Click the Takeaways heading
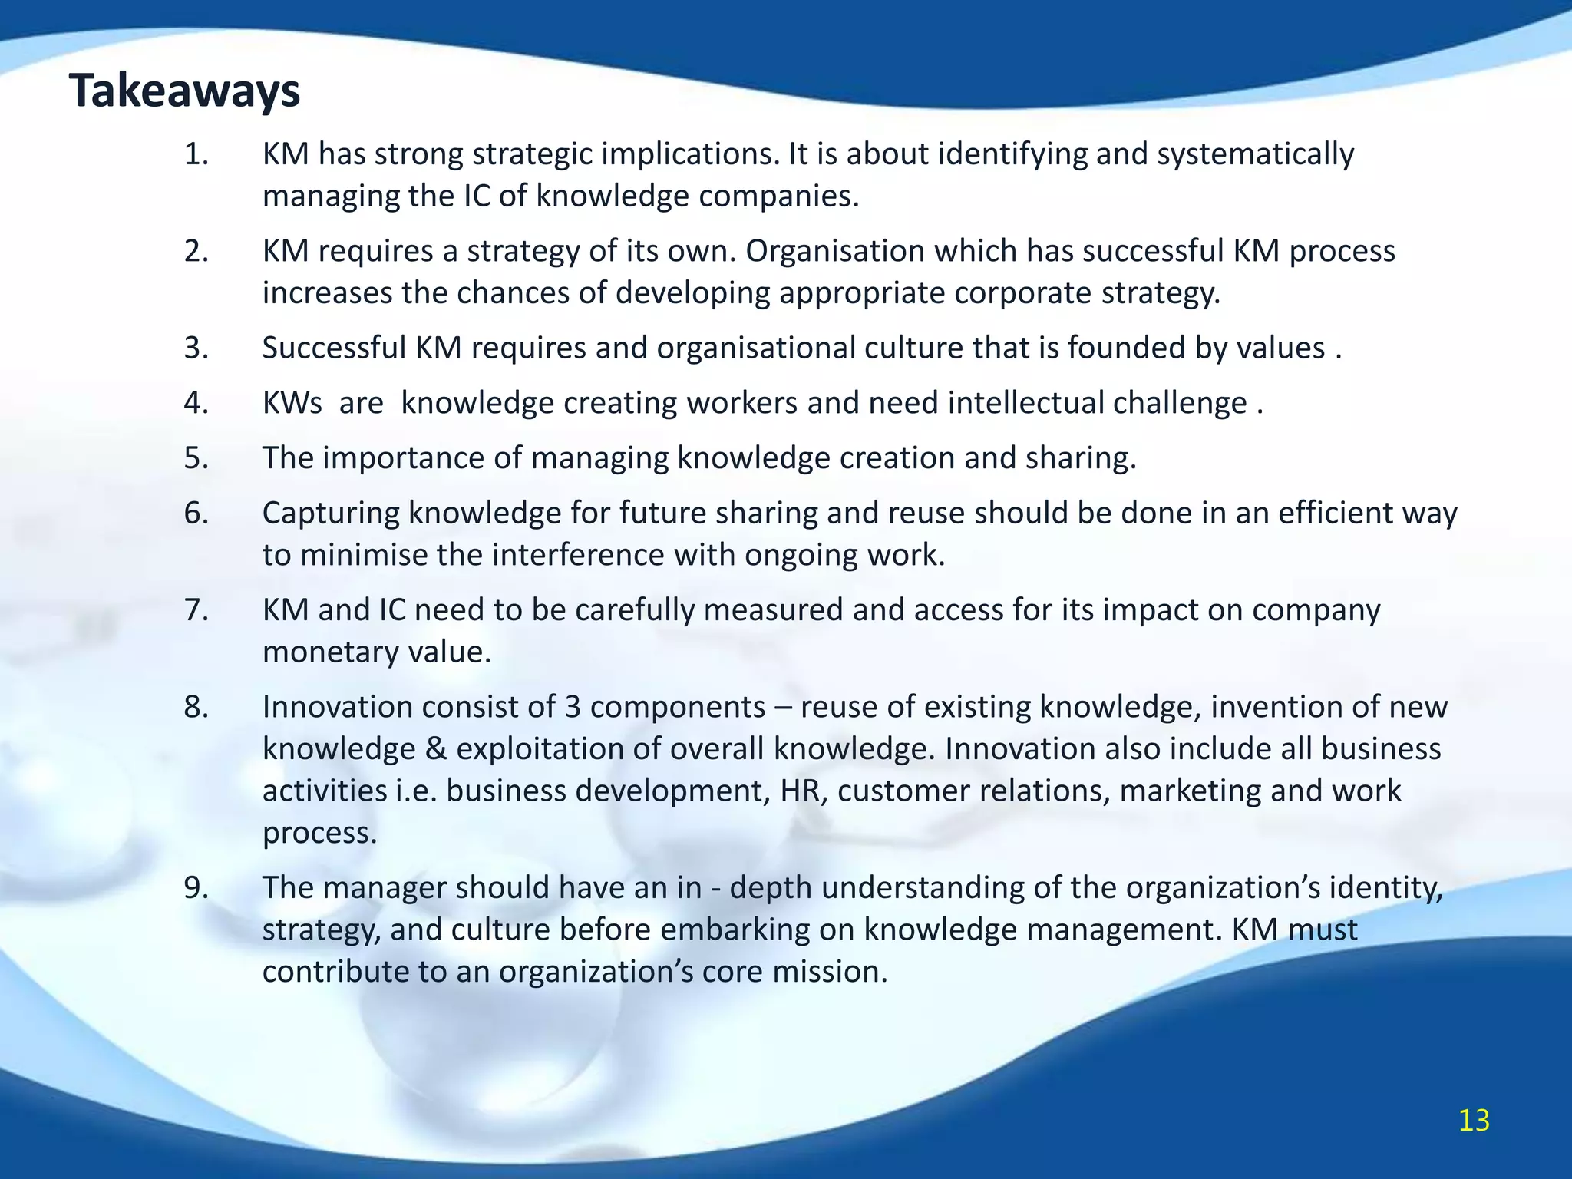tap(184, 91)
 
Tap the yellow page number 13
tap(1474, 1121)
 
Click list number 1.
tap(196, 154)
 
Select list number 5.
tap(196, 458)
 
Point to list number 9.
tap(196, 887)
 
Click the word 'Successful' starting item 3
tap(334, 348)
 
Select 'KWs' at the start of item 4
tap(292, 403)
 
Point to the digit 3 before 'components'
tap(573, 707)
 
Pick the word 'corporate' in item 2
tap(1023, 293)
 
